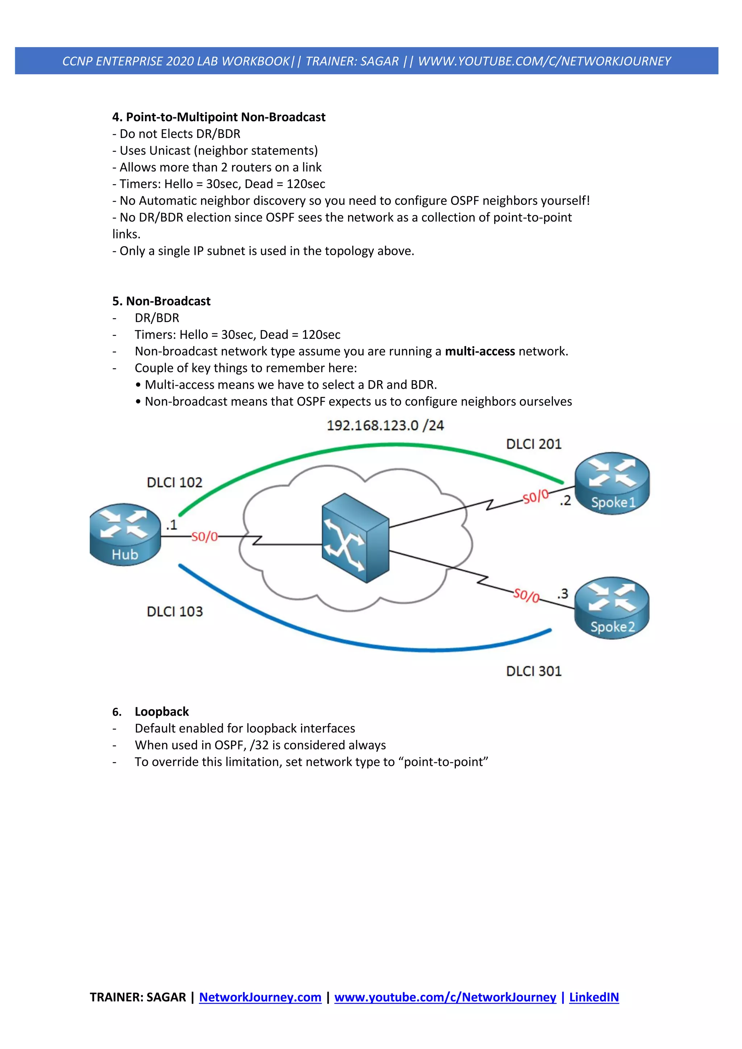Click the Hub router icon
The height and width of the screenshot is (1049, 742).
125,535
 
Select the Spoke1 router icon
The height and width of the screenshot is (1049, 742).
612,483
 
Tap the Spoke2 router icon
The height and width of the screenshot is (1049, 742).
612,608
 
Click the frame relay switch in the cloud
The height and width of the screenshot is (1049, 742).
355,538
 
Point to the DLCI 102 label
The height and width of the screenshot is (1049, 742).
174,483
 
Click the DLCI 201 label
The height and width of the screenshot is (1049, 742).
534,444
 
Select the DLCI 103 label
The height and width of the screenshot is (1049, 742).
174,611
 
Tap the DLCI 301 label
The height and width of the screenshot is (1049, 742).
534,671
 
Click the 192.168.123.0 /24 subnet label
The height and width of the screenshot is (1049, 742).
385,425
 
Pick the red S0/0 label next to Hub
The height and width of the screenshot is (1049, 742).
204,537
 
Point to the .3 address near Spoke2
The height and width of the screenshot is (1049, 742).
562,594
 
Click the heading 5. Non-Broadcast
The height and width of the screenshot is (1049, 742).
161,301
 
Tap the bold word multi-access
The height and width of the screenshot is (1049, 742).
480,351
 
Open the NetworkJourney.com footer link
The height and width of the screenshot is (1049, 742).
260,997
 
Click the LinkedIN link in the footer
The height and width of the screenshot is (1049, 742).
593,997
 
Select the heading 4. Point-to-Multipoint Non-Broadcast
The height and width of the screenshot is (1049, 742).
218,117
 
